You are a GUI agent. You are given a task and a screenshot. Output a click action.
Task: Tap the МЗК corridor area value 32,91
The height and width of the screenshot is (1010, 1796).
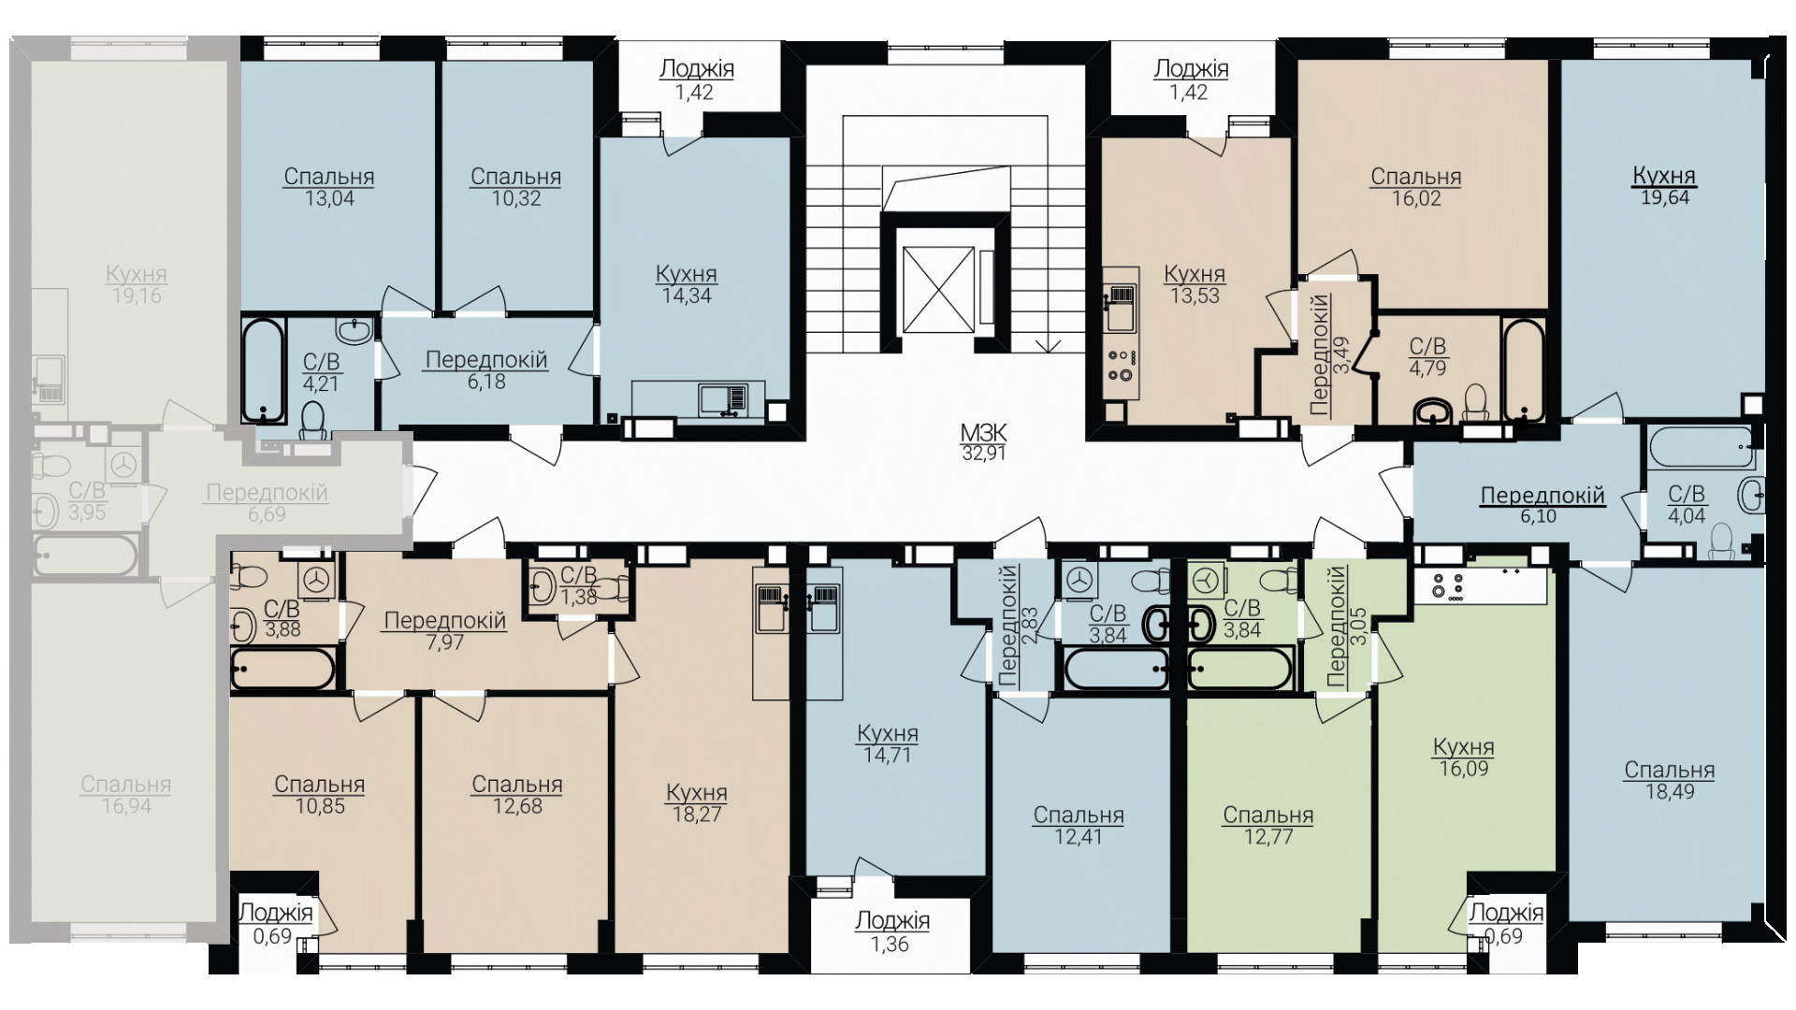pos(983,454)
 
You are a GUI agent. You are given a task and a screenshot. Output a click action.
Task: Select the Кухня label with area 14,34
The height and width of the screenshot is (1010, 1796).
pos(687,274)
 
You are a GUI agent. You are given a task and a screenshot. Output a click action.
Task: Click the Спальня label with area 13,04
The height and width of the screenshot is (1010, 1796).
pos(329,177)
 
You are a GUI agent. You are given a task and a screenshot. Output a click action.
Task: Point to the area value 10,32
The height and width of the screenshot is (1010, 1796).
pos(516,198)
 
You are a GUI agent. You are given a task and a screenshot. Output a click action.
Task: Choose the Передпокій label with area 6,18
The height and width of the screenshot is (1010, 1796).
pos(486,360)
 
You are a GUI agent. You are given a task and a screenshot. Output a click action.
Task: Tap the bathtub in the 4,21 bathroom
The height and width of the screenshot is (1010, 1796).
pos(263,370)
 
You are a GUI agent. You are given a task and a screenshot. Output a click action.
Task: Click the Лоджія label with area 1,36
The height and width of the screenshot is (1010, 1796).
pos(892,921)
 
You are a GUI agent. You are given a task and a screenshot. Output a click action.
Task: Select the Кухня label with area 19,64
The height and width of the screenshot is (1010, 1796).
pos(1664,175)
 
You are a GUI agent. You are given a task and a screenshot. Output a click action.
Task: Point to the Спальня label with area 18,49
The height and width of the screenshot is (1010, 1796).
pos(1670,771)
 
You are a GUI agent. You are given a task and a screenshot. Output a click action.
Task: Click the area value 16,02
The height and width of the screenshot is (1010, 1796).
pos(1416,198)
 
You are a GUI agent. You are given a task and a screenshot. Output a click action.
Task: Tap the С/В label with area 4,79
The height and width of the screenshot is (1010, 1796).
pos(1427,347)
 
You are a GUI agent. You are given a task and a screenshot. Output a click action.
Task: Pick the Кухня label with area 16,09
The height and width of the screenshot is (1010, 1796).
pos(1464,747)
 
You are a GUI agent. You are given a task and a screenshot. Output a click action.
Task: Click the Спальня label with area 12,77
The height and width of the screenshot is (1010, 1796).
pos(1268,815)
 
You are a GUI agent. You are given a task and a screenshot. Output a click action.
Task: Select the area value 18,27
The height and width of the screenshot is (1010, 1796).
pos(697,815)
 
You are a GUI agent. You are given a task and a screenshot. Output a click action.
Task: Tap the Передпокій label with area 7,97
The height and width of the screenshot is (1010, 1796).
pos(445,621)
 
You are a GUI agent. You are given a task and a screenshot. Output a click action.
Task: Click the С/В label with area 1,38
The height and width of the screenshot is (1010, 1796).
pos(578,574)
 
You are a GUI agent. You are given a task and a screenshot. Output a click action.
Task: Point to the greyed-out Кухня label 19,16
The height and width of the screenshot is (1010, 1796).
pos(137,274)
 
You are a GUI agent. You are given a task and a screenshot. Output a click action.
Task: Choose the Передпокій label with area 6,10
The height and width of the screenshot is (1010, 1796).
pos(1543,496)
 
